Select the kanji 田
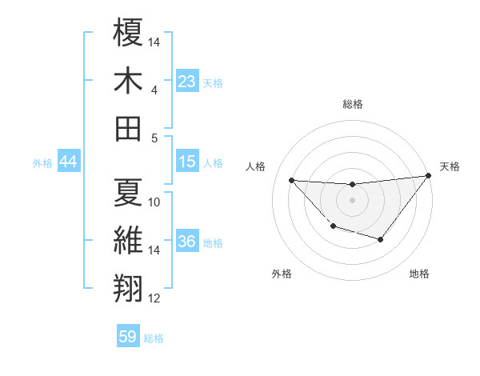click(x=129, y=127)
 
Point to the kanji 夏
click(x=129, y=192)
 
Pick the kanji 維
click(x=129, y=240)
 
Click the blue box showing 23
click(x=187, y=81)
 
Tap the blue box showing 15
click(x=187, y=162)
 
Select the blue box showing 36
click(x=187, y=242)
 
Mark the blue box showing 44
click(x=68, y=162)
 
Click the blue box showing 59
click(x=128, y=337)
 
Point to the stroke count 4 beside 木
click(x=154, y=90)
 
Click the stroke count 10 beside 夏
click(x=154, y=202)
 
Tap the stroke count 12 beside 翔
click(x=154, y=298)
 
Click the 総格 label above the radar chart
click(x=353, y=104)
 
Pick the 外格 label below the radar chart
click(x=282, y=274)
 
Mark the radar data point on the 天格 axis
click(x=429, y=176)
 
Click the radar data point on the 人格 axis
click(x=291, y=180)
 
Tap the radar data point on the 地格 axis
click(x=381, y=239)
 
